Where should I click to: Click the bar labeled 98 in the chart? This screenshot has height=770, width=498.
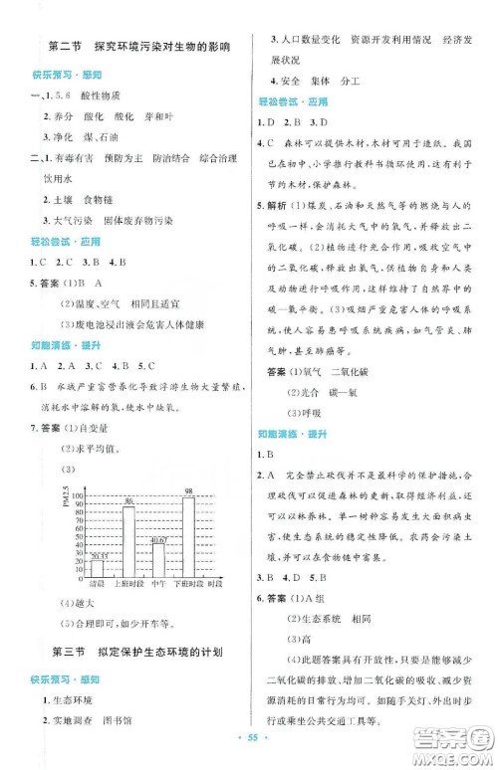point(189,540)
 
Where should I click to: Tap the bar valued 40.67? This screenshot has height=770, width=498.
point(158,562)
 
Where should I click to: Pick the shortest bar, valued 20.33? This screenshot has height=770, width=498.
point(98,570)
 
